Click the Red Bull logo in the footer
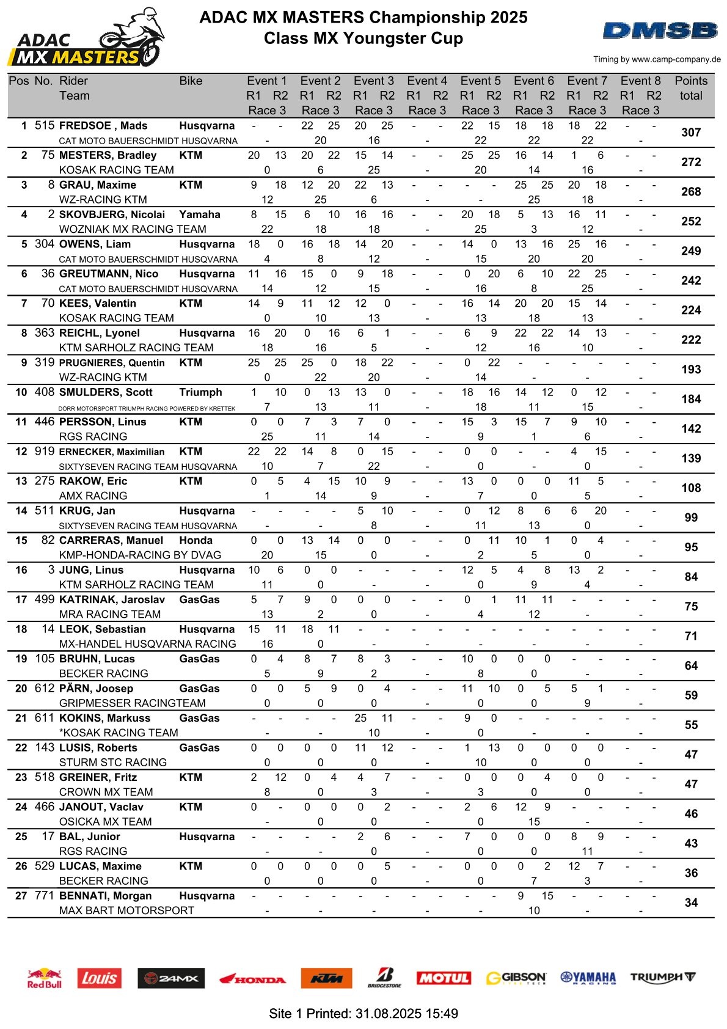point(45,978)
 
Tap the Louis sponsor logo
point(99,978)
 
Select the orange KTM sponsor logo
point(326,978)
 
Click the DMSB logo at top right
point(660,31)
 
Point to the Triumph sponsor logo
point(663,977)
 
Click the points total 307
point(691,133)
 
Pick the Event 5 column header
point(480,81)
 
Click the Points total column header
point(691,88)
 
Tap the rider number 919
point(45,452)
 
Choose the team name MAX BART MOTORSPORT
point(126,910)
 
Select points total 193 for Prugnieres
point(691,370)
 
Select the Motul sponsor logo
point(444,978)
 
